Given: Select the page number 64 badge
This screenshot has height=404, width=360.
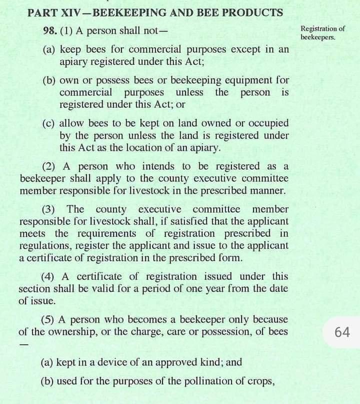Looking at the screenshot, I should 342,332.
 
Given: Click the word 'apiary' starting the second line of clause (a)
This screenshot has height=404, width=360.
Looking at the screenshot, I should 74,62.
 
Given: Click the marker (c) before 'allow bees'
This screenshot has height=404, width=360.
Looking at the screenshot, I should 49,123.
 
